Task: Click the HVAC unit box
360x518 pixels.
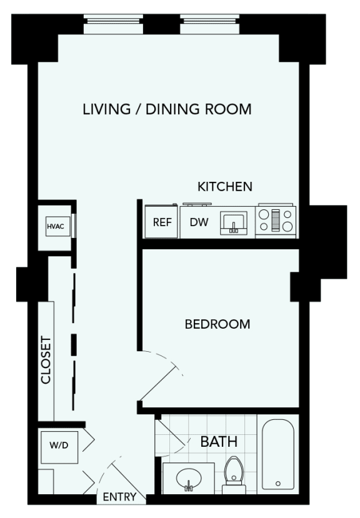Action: pos(58,226)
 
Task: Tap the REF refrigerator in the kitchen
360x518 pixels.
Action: pos(162,221)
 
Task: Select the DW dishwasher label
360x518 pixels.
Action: pos(199,222)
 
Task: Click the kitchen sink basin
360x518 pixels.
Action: pos(234,223)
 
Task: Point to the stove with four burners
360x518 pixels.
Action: pos(276,221)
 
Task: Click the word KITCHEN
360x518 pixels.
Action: pos(225,187)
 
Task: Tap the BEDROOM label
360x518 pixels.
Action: pos(217,324)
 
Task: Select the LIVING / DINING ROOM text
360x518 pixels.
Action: pos(167,109)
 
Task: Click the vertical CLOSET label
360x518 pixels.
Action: pos(46,360)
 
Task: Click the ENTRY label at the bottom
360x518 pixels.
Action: pos(119,497)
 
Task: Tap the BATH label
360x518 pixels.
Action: pos(219,441)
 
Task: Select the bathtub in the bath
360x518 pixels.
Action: pos(278,454)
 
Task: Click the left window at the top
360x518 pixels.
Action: pos(113,24)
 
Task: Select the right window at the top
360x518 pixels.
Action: pos(210,24)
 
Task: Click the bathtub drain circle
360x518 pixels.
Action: pos(278,484)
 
